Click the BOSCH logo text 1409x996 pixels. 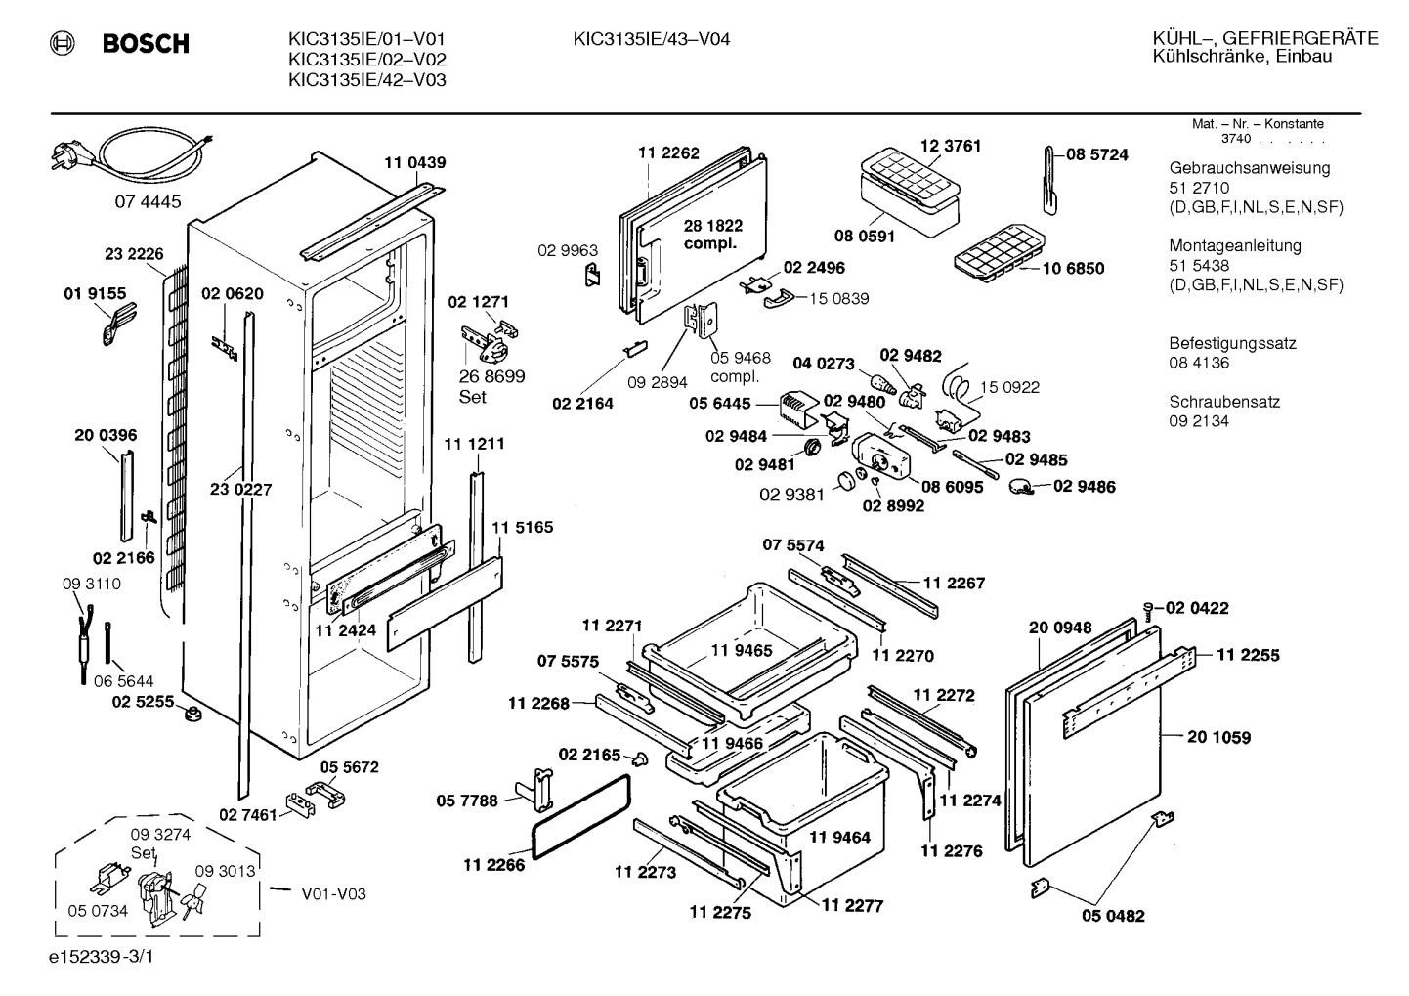click(146, 44)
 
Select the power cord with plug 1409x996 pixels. click(132, 156)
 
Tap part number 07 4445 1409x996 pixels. click(148, 202)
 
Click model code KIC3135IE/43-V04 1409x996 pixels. click(651, 40)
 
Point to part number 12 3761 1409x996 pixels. click(951, 146)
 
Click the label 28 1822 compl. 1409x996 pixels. click(712, 234)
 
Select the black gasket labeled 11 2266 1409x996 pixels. click(581, 816)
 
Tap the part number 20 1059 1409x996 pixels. click(1219, 737)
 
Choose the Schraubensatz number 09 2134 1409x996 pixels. click(1199, 421)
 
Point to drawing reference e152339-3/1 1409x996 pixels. click(102, 957)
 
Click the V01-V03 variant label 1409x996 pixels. click(333, 894)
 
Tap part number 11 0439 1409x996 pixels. click(415, 163)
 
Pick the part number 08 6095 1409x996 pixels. click(952, 487)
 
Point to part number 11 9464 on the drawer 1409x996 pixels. click(839, 838)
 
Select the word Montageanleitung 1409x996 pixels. click(1235, 246)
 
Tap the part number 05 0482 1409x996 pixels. click(1113, 916)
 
